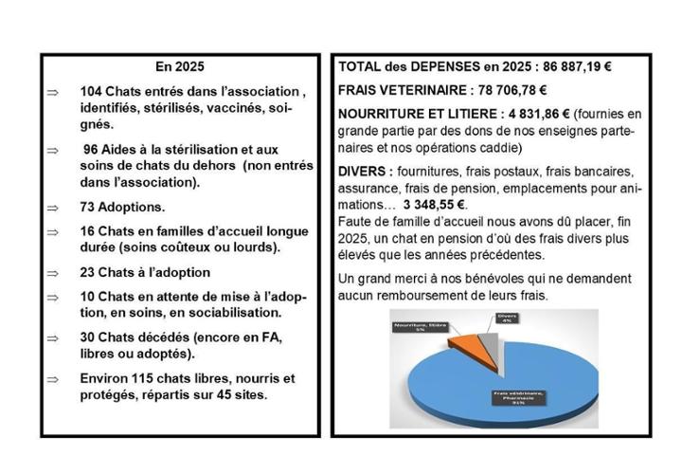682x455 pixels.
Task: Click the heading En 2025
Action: click(179, 67)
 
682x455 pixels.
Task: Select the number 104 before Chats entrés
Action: click(94, 92)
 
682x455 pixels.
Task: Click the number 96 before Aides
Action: click(92, 149)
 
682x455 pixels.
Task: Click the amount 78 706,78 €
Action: click(511, 91)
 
